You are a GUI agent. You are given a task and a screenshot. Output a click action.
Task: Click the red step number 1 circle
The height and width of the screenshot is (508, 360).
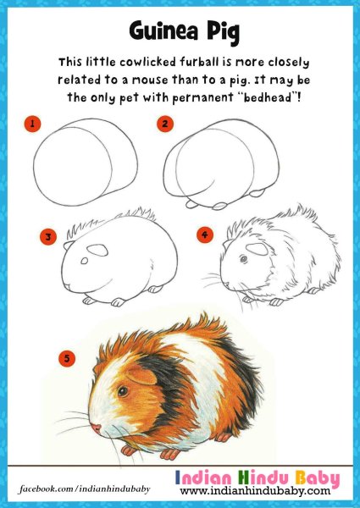(32, 124)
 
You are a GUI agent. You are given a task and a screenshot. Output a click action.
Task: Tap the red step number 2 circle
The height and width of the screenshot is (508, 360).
(165, 124)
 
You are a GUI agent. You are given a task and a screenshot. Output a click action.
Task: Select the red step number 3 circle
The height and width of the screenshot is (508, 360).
(48, 237)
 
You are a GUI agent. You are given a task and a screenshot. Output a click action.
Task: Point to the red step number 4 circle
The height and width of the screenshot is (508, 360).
(205, 235)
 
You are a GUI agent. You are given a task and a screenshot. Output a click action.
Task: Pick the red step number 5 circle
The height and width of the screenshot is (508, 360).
(67, 358)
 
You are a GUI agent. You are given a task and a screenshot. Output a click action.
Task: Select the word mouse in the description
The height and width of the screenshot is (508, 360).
(149, 80)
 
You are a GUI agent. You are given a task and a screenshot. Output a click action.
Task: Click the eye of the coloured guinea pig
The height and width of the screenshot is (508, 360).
(123, 391)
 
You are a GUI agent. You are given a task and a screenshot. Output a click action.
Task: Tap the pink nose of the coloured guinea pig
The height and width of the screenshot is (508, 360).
(97, 428)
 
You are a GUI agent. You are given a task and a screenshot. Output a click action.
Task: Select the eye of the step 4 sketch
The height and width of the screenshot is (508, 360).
(244, 259)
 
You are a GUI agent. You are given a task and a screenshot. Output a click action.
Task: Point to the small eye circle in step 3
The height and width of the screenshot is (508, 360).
(84, 261)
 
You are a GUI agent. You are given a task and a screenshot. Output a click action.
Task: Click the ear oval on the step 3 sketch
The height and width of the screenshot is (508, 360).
(97, 250)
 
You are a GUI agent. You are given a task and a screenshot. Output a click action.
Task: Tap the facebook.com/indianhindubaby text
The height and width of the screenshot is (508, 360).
(84, 489)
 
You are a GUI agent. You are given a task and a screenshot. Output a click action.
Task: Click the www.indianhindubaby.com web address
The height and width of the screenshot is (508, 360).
(255, 490)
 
